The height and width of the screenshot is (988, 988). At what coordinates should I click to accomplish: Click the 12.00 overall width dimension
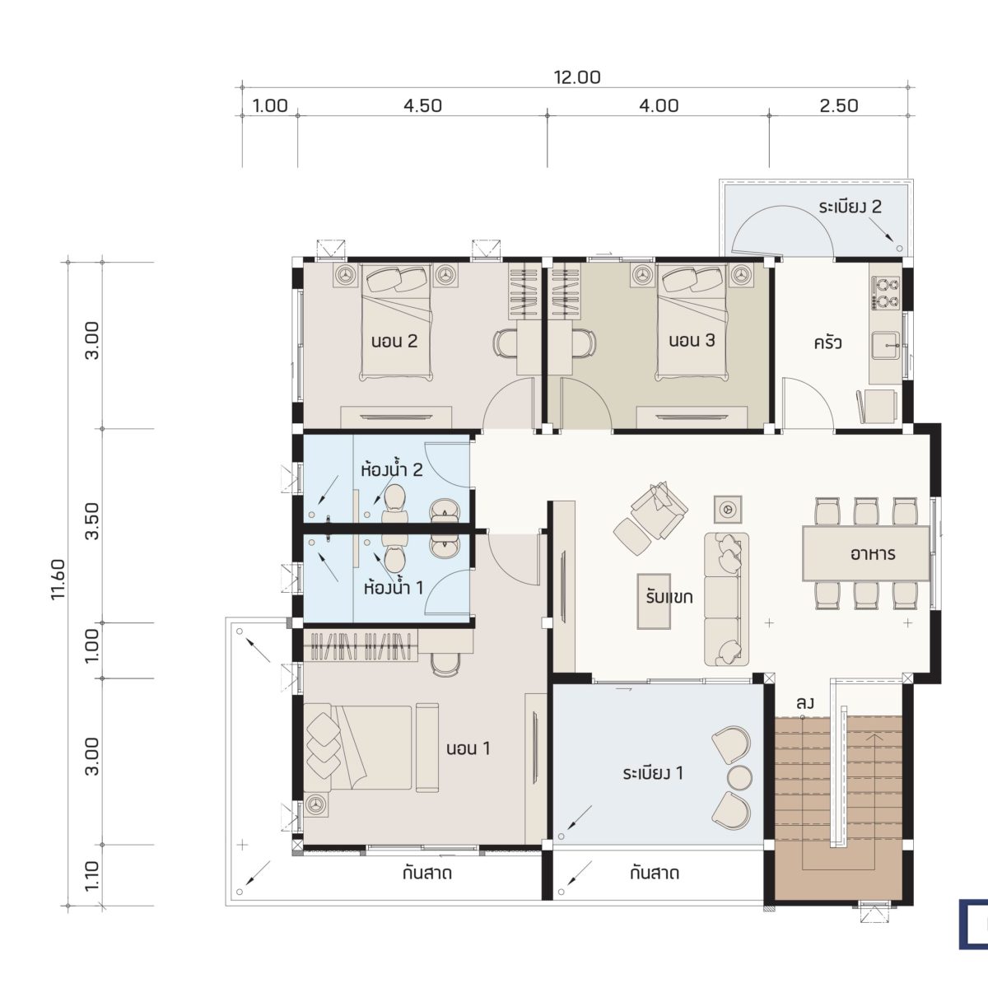pyautogui.click(x=577, y=77)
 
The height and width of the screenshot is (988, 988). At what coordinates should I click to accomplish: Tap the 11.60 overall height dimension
pyautogui.click(x=58, y=580)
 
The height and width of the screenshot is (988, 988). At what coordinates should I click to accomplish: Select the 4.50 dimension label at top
pyautogui.click(x=422, y=105)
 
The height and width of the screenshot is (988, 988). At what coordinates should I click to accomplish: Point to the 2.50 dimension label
pyautogui.click(x=839, y=105)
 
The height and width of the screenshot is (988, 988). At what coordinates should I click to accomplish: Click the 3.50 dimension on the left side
pyautogui.click(x=91, y=521)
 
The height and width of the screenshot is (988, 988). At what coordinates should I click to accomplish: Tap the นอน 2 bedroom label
pyautogui.click(x=394, y=341)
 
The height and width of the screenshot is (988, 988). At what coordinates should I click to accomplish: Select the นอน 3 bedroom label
pyautogui.click(x=692, y=340)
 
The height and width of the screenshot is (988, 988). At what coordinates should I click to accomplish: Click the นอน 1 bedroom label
pyautogui.click(x=468, y=748)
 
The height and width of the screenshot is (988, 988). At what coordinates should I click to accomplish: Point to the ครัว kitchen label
pyautogui.click(x=827, y=343)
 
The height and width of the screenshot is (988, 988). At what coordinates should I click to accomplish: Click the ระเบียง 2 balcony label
pyautogui.click(x=850, y=207)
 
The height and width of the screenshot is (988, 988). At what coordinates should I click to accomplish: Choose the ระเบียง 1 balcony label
pyautogui.click(x=653, y=772)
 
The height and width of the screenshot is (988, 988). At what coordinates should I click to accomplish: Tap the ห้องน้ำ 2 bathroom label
pyautogui.click(x=392, y=469)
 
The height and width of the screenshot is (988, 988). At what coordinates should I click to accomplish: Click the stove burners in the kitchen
pyautogui.click(x=885, y=293)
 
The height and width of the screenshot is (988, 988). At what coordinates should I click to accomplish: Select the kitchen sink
pyautogui.click(x=885, y=346)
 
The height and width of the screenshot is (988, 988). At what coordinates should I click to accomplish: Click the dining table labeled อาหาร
pyautogui.click(x=865, y=553)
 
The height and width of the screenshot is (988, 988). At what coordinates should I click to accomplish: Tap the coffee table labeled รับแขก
pyautogui.click(x=654, y=601)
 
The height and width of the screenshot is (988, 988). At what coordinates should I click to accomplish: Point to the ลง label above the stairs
pyautogui.click(x=805, y=703)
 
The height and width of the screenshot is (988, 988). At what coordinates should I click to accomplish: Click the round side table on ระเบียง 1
pyautogui.click(x=739, y=776)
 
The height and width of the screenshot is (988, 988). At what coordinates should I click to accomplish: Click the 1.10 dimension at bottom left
pyautogui.click(x=91, y=876)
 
